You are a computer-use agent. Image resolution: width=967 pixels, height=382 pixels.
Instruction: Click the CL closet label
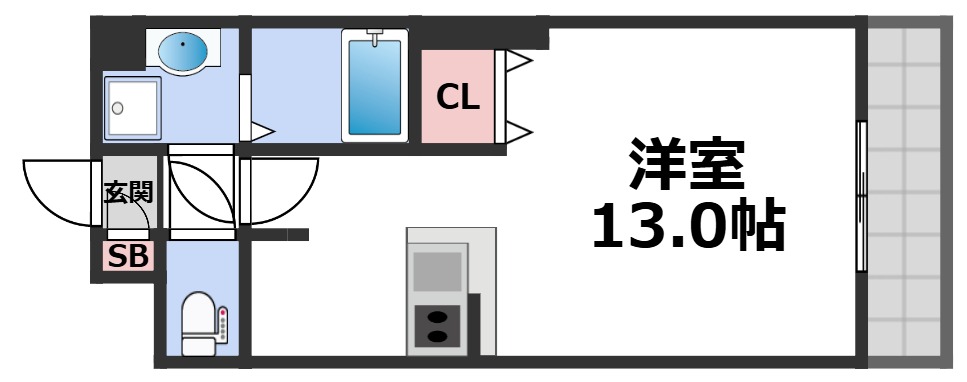tap(458, 97)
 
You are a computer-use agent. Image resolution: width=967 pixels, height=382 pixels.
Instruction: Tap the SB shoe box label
tap(128, 257)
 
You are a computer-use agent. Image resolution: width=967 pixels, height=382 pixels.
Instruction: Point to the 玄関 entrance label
tap(128, 193)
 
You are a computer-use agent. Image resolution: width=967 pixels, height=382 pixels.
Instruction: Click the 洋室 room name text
tap(687, 166)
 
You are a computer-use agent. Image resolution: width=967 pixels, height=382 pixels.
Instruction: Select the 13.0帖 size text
tap(687, 228)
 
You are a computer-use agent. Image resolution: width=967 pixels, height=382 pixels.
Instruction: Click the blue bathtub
tap(375, 88)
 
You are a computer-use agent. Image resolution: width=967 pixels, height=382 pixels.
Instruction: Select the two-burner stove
tap(437, 323)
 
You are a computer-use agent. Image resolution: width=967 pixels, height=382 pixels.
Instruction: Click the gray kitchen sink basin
tap(437, 270)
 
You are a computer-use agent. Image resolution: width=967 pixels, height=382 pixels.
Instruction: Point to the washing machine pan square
tap(133, 108)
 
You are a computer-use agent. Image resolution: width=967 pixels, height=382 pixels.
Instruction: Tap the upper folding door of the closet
tap(519, 63)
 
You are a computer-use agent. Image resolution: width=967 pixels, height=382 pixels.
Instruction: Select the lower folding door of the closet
tap(519, 130)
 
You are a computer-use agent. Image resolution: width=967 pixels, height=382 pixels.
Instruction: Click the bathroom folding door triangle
tap(262, 130)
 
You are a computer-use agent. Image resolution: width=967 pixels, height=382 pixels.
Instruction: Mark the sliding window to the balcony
tap(860, 196)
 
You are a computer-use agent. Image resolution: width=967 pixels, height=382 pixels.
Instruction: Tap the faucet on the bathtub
tap(375, 38)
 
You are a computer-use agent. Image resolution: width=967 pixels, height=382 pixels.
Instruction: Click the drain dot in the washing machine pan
tap(117, 107)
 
